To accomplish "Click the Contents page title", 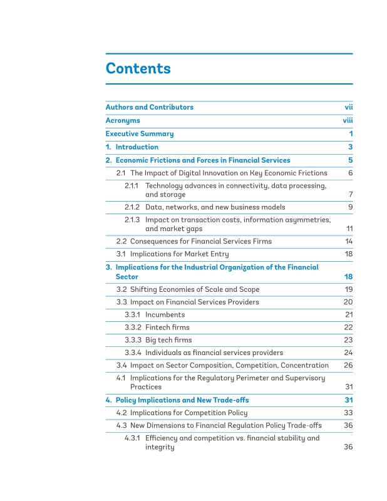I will pos(138,68).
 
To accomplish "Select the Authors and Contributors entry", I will pos(149,107).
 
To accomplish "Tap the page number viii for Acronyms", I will pos(348,120).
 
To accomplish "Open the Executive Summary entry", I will pos(139,133).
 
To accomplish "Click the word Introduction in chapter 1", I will pos(137,147).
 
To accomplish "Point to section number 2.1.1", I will pos(132,185).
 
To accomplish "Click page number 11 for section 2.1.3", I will pos(349,229).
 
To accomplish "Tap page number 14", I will pos(349,241).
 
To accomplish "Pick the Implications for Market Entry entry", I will pos(179,254).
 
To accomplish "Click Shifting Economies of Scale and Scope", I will pos(194,289).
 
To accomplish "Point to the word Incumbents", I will pos(165,314).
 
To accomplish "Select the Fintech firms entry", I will pos(167,327).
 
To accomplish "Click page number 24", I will pos(349,353).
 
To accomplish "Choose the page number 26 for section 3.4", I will pos(349,365).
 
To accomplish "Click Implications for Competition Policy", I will pos(188,413).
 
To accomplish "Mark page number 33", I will pos(349,413).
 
